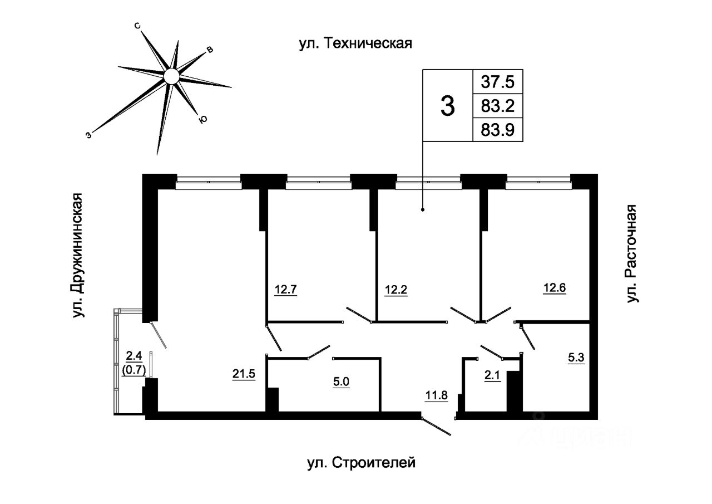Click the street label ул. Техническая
(x=355, y=43)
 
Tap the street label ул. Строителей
(x=362, y=463)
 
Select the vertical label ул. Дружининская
(x=77, y=255)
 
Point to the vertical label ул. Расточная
(x=632, y=253)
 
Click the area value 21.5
(x=244, y=374)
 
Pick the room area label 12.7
(x=286, y=290)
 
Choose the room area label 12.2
(x=395, y=290)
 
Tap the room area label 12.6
(x=555, y=287)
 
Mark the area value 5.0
(x=341, y=381)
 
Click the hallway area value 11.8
(x=437, y=395)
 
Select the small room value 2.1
(x=492, y=376)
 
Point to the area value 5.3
(x=576, y=358)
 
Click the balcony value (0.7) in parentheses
(x=134, y=370)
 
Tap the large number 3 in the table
(x=448, y=106)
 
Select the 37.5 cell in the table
(x=497, y=82)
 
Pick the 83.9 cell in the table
(x=497, y=130)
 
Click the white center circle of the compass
(x=172, y=76)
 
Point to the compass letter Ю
(x=202, y=119)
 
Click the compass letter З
(x=88, y=135)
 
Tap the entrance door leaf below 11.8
(x=436, y=427)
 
